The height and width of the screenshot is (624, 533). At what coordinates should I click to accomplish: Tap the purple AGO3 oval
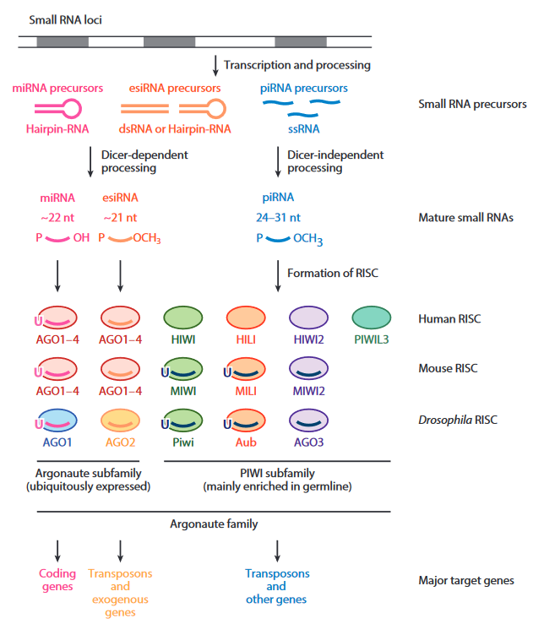pos(308,420)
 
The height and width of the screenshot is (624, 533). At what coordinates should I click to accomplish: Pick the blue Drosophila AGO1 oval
pos(57,420)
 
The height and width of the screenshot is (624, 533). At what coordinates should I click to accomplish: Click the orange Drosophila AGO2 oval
pos(121,420)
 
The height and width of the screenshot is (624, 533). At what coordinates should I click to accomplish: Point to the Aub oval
pos(246,420)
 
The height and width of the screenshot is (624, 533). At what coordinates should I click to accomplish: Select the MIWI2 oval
pos(308,369)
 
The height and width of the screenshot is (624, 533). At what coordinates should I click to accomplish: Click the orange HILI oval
pos(246,319)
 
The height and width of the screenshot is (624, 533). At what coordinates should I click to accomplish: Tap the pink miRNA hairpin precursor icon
pos(57,108)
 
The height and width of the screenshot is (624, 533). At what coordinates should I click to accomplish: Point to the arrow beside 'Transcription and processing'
pos(217,65)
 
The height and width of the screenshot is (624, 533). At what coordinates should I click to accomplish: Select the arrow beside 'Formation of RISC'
pos(278,273)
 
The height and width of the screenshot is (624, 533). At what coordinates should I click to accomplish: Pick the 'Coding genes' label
pos(57,580)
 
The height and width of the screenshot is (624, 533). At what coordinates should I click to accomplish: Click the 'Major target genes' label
pos(465,580)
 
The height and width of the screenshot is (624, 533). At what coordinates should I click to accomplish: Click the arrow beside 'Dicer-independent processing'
pos(278,161)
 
